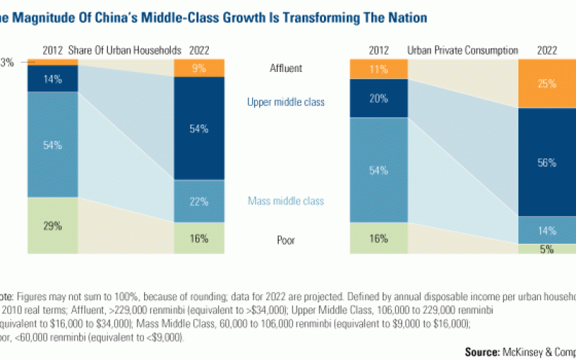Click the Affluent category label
pos(287,68)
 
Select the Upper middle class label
pos(287,102)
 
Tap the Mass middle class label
pos(287,202)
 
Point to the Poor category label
pos(287,240)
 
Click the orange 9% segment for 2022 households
pos(199,69)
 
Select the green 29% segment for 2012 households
pos(53,225)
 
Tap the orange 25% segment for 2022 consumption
pos(546,84)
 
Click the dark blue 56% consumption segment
pos(546,163)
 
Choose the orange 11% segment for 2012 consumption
pos(374,70)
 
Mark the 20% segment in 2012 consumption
pos(374,99)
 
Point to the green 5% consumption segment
pos(546,250)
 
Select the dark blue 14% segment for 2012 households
pos(53,79)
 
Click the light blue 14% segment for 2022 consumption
pos(546,230)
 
